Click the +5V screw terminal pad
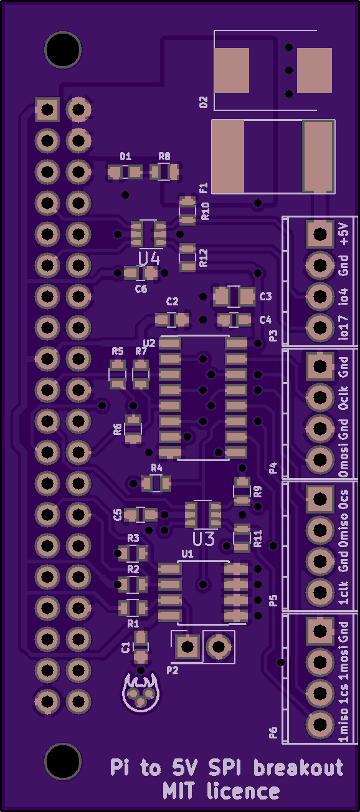(320, 234)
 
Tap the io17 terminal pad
(320, 328)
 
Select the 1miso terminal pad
(320, 725)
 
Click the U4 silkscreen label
(149, 259)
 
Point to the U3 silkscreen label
(204, 540)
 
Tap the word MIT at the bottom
(178, 791)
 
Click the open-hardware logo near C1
(141, 692)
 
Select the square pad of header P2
(187, 646)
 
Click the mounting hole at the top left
(63, 50)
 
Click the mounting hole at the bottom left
(63, 762)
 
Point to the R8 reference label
(164, 156)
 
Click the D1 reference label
(125, 156)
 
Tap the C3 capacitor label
(265, 296)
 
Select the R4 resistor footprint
(156, 483)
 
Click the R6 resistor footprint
(133, 429)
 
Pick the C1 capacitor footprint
(141, 647)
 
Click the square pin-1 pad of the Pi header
(47, 109)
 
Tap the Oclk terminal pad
(320, 398)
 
